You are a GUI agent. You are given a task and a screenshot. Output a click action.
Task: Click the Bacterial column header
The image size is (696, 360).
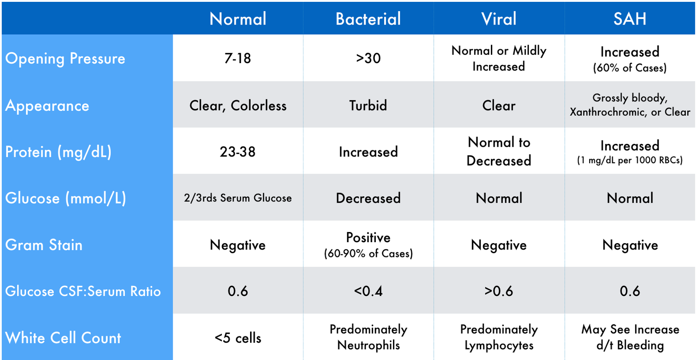(368, 19)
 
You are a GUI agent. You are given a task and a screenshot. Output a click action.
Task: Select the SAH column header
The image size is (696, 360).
(630, 19)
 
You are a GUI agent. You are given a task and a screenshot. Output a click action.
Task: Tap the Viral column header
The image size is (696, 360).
(499, 19)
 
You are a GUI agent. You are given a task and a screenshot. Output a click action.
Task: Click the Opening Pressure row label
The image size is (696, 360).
(65, 58)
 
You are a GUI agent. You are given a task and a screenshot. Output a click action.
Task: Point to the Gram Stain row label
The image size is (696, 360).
(44, 245)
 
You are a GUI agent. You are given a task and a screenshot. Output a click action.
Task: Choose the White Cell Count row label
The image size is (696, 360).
(63, 338)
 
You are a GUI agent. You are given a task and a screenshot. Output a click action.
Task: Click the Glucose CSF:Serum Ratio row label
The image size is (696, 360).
(83, 291)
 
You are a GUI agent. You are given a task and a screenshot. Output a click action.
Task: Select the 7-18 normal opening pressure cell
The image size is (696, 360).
(238, 58)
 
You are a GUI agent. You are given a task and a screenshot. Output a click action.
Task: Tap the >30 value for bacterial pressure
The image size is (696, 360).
(368, 58)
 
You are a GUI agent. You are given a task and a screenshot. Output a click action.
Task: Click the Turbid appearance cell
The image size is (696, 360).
(368, 106)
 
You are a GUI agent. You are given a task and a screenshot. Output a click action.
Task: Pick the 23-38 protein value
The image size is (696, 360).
(238, 152)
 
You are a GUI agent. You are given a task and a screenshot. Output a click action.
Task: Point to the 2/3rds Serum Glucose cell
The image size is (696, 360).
(238, 198)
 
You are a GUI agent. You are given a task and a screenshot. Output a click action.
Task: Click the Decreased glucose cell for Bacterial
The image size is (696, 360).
(368, 198)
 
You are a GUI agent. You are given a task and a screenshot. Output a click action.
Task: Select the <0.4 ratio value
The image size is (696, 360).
(368, 291)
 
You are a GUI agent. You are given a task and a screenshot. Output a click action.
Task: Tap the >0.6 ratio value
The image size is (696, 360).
(499, 291)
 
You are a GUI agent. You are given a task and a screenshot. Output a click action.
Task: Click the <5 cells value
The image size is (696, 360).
(238, 338)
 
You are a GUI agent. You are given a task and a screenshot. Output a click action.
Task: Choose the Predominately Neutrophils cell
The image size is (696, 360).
(368, 337)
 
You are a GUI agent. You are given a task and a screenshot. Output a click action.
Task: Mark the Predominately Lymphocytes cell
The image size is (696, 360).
(499, 337)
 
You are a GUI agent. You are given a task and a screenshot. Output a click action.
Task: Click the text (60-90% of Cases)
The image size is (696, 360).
(368, 253)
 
